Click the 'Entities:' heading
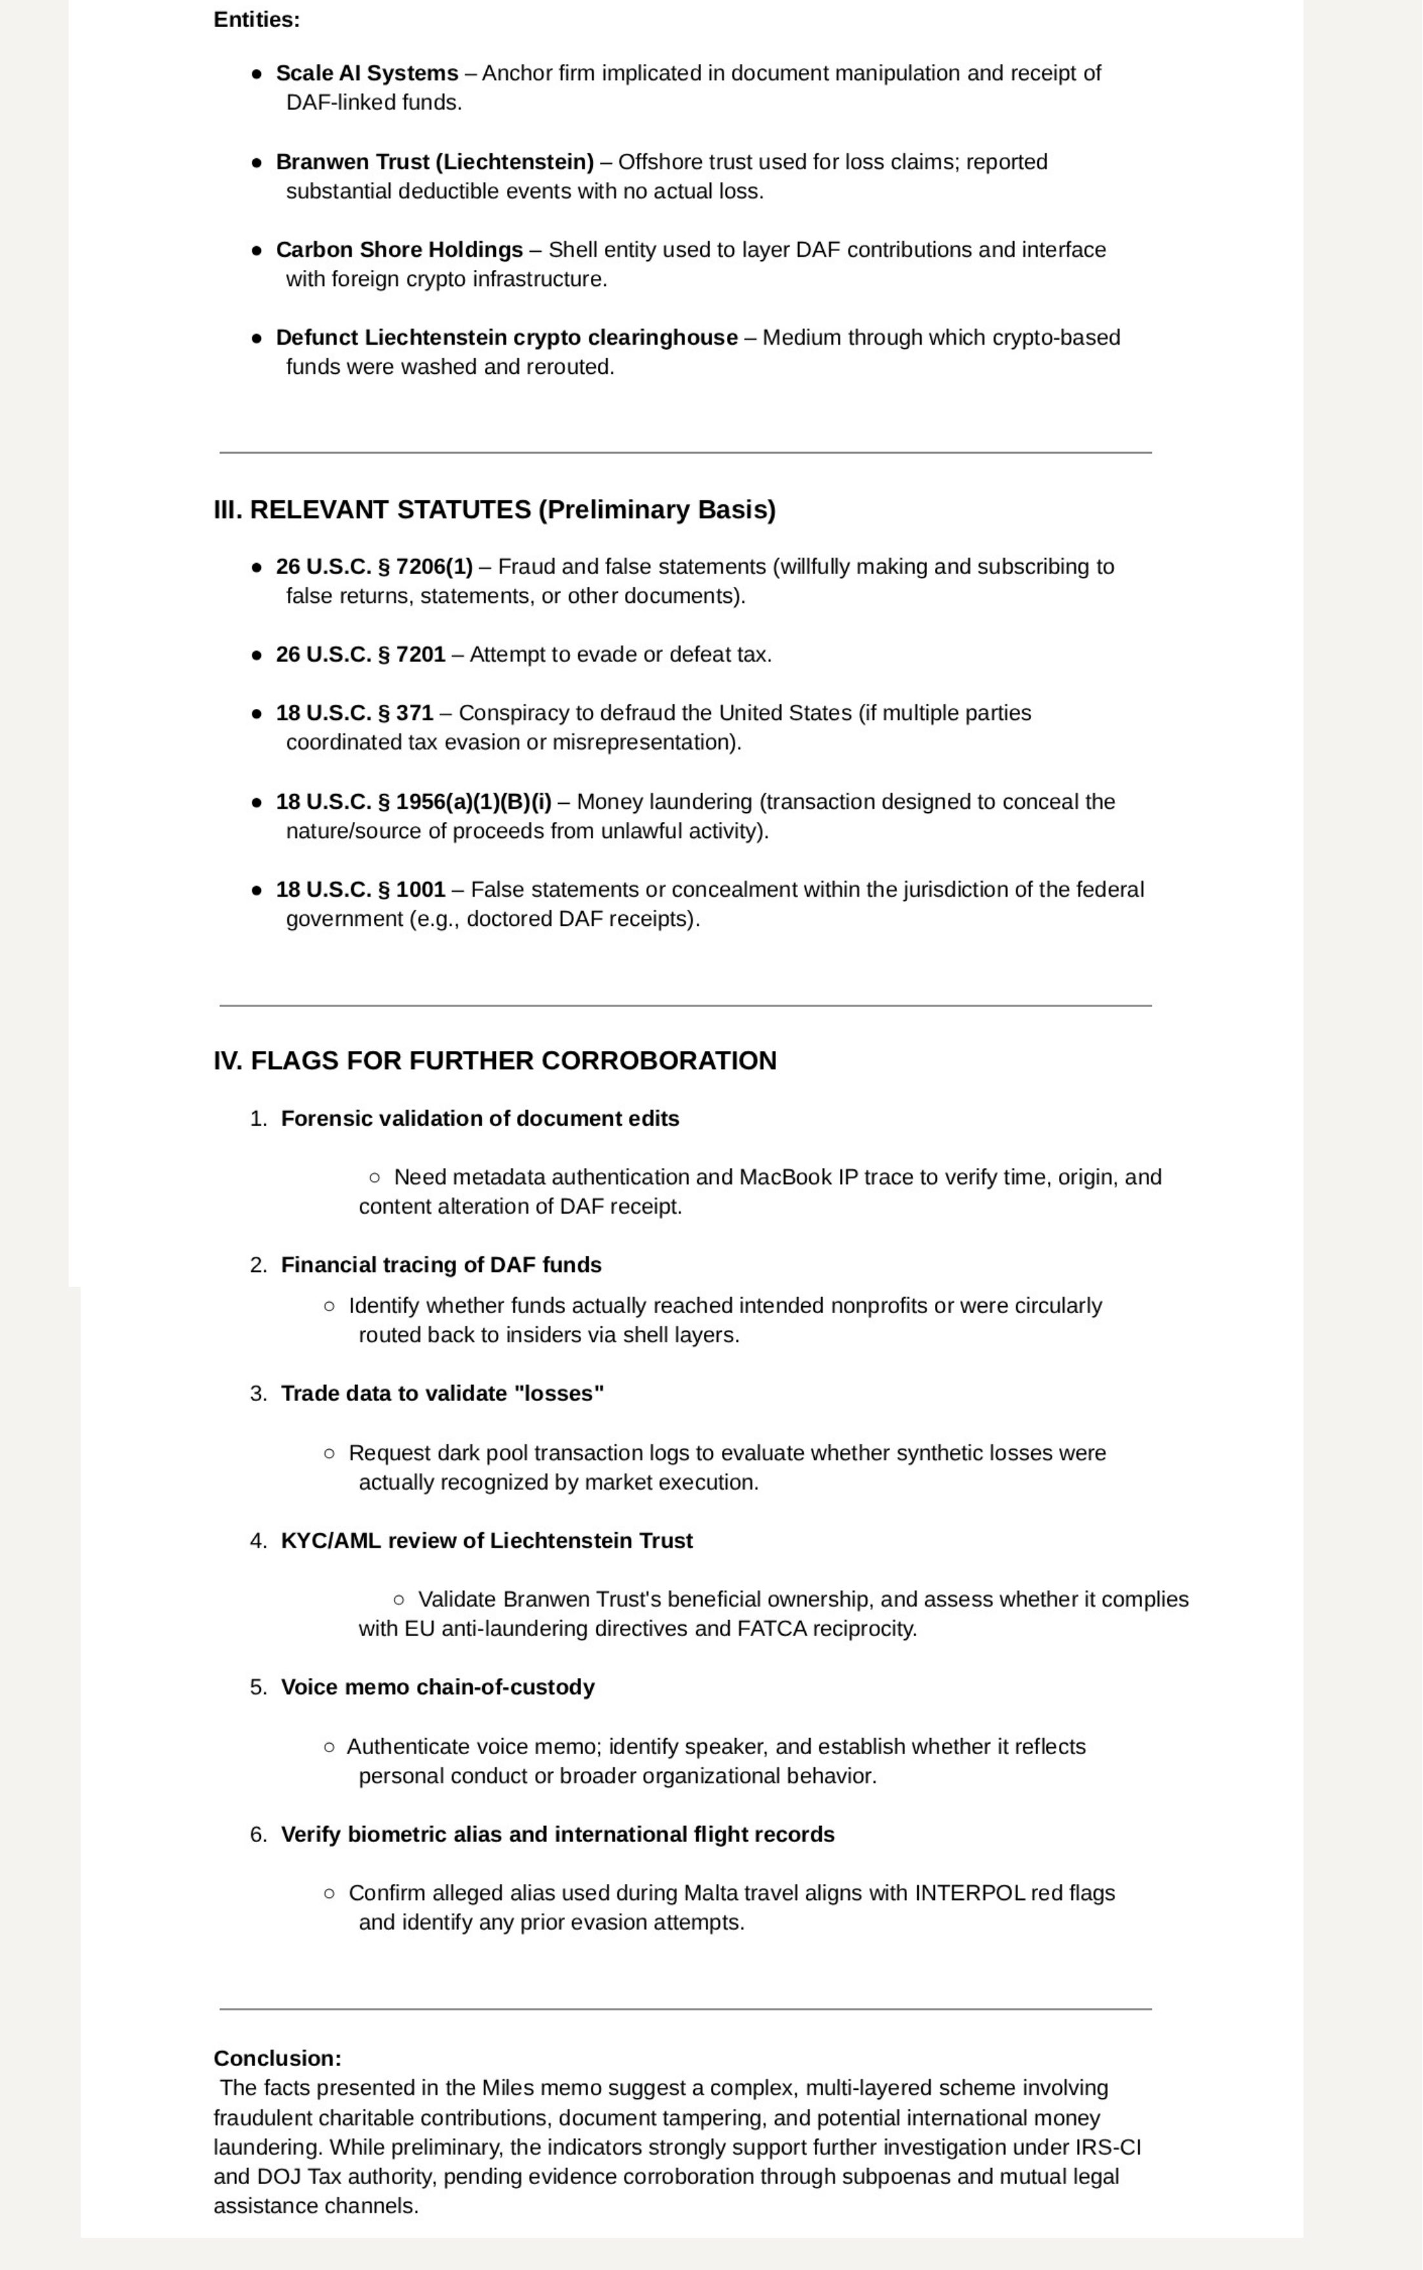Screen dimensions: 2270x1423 [256, 20]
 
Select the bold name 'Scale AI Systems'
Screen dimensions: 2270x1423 [366, 74]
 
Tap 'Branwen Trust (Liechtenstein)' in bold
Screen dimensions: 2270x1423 [434, 162]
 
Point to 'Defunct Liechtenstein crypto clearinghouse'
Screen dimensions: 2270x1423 [506, 337]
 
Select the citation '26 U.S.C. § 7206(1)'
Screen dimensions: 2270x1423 [374, 567]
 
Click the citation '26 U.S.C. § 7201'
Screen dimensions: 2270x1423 [360, 654]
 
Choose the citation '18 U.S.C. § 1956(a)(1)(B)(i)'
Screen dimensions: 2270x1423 [413, 802]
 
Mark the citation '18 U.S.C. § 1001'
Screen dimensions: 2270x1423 [360, 890]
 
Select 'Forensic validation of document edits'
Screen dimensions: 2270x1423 [479, 1118]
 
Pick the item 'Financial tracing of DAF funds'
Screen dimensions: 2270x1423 [440, 1265]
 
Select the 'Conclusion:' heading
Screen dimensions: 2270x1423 [277, 2058]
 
